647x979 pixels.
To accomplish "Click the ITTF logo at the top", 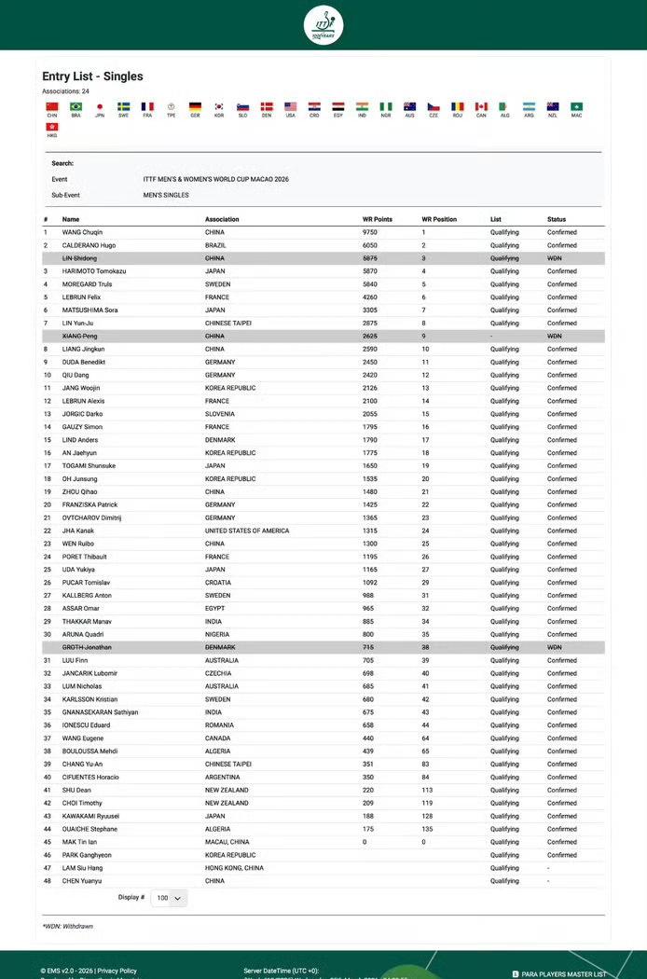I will point(323,24).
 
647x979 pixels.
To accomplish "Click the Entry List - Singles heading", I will point(92,76).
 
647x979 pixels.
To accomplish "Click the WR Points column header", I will point(378,219).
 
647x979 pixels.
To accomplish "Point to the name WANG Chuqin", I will point(83,232).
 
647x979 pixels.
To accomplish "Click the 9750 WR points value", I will point(370,232).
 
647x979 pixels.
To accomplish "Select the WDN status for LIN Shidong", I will point(555,258).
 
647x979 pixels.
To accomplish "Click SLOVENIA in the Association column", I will point(220,414).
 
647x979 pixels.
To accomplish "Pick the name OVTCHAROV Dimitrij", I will point(92,517).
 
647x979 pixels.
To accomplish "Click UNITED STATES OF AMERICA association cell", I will point(247,531).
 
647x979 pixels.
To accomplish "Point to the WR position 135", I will point(427,829).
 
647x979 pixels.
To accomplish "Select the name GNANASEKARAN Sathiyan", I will point(100,712).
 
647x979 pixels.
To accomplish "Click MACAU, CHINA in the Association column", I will point(227,842).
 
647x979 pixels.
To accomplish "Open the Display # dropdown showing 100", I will point(169,898).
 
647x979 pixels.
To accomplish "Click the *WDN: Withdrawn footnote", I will point(67,926).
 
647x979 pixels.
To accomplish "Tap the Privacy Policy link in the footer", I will point(117,971).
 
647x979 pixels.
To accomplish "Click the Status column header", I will point(557,219).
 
